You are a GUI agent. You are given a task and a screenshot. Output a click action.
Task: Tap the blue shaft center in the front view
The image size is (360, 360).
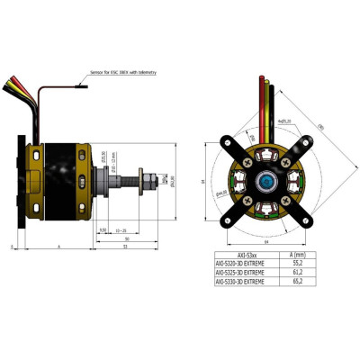(x=267, y=182)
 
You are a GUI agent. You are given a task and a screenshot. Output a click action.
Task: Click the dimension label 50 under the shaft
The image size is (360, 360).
(x=127, y=238)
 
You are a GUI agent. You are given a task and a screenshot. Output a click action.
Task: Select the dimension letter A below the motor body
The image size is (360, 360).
(x=58, y=245)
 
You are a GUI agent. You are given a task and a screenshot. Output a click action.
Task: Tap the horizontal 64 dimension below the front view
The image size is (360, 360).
(x=267, y=241)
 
